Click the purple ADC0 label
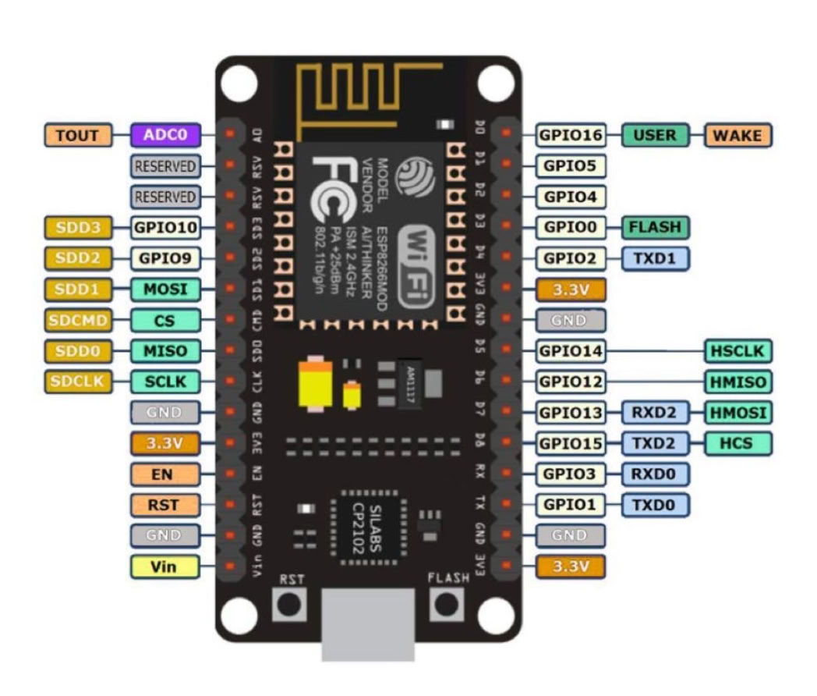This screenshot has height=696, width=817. [x=165, y=135]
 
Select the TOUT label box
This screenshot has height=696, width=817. [x=78, y=135]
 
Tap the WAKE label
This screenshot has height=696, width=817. [x=737, y=135]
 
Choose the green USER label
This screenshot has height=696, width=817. [x=655, y=135]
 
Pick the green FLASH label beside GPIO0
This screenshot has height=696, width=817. [x=655, y=227]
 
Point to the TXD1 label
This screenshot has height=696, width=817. [x=655, y=258]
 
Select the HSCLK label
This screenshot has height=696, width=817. [x=737, y=351]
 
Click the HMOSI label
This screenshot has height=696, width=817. [x=737, y=412]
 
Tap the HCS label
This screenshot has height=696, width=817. [x=737, y=443]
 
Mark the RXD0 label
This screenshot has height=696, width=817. [x=655, y=474]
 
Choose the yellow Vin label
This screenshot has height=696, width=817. [x=164, y=566]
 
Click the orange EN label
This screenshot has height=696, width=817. [x=164, y=474]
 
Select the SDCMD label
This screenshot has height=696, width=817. [x=78, y=320]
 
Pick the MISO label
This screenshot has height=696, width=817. [x=165, y=351]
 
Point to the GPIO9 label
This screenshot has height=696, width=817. [x=165, y=258]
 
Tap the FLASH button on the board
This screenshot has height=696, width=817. [x=447, y=604]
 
